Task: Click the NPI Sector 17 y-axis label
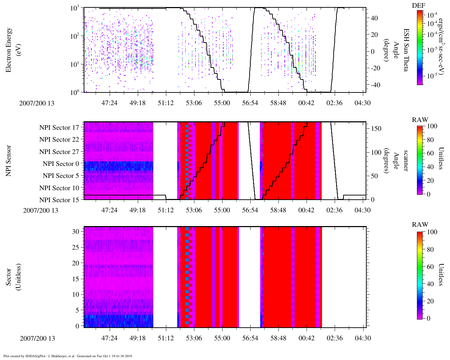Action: [x=59, y=128]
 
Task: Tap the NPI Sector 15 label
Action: [x=59, y=200]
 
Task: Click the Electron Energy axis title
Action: [x=12, y=50]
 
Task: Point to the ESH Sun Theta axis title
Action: [x=406, y=50]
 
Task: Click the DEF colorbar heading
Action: [x=418, y=5]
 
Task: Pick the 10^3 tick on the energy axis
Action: [x=75, y=8]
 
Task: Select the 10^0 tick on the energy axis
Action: [x=75, y=92]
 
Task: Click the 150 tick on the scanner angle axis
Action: [x=376, y=129]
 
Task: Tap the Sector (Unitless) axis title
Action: [x=12, y=277]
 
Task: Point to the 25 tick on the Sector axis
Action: [x=76, y=247]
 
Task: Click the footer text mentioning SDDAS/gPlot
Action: [x=67, y=356]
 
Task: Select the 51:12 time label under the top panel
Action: [x=166, y=103]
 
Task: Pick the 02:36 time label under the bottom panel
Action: [x=334, y=338]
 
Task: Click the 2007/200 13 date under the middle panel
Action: [x=41, y=210]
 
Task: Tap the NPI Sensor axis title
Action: [x=8, y=161]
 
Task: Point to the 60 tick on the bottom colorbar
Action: [x=430, y=267]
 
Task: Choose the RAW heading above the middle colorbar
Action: [x=420, y=120]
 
